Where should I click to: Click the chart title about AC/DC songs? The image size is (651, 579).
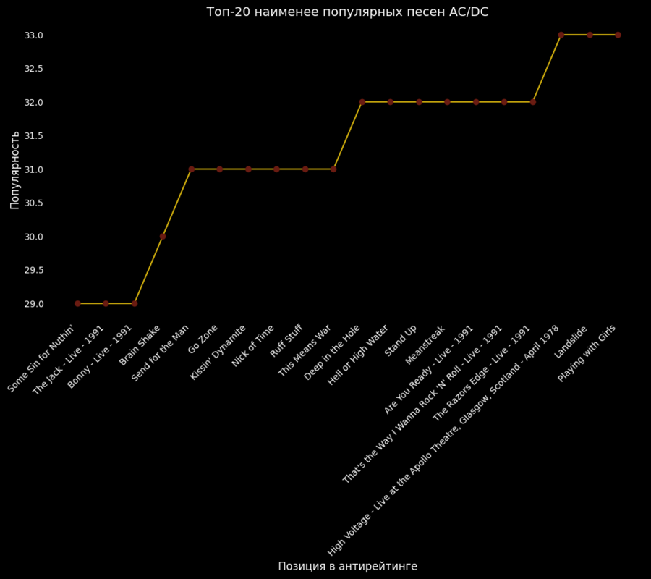(x=347, y=12)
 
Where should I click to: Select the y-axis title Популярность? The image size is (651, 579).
(x=14, y=169)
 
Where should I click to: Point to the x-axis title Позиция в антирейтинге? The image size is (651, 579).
(x=347, y=566)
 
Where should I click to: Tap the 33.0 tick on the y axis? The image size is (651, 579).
(x=34, y=35)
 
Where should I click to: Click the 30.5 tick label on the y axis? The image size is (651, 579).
(x=34, y=203)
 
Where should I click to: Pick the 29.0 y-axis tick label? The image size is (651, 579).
(x=34, y=304)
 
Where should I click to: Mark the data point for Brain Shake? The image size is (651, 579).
(x=163, y=236)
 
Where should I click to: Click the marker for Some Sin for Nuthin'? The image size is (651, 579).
(x=77, y=303)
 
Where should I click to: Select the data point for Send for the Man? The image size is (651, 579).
(x=192, y=169)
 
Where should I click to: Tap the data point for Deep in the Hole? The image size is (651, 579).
(x=362, y=102)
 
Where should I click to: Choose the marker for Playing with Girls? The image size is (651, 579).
(x=618, y=35)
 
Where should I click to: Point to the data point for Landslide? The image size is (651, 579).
(x=590, y=35)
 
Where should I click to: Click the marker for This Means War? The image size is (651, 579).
(x=333, y=169)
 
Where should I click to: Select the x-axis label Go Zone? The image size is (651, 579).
(x=203, y=339)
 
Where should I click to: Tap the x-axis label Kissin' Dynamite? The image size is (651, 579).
(x=218, y=352)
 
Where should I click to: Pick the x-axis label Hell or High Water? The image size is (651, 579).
(x=358, y=355)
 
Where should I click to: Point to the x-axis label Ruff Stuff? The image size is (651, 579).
(x=286, y=340)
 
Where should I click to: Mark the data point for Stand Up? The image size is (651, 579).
(x=419, y=102)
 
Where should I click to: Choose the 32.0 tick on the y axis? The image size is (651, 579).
(x=34, y=103)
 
